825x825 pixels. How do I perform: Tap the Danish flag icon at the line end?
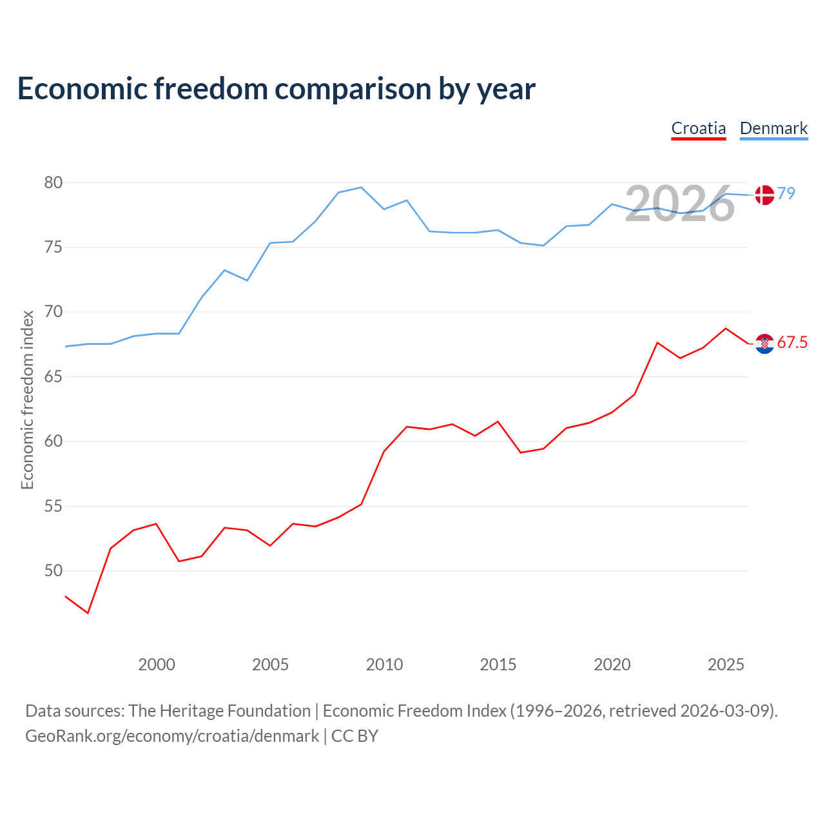point(764,195)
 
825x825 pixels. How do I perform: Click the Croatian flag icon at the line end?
point(764,344)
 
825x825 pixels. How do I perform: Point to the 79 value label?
point(786,193)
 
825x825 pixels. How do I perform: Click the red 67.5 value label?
point(792,342)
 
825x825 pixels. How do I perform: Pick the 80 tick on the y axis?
point(53,183)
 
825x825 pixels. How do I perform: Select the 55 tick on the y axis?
point(53,507)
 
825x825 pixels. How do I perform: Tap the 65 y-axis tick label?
point(53,377)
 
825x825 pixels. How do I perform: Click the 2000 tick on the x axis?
point(156,665)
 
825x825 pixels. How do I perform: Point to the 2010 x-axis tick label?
point(384,665)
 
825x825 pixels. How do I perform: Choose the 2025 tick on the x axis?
point(726,665)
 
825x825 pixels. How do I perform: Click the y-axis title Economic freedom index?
point(28,400)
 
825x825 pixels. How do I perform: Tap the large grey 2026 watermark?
point(680,204)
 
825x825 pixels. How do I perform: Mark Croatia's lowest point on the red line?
point(88,613)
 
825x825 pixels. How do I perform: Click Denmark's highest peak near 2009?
point(361,187)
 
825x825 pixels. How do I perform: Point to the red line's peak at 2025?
point(726,328)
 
